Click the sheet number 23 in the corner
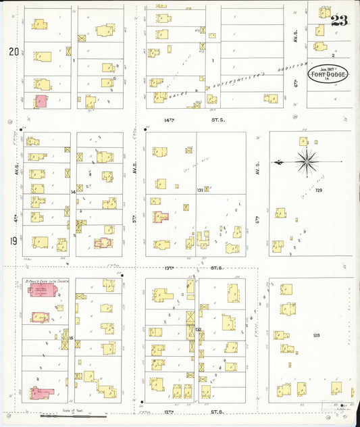[x=339, y=20]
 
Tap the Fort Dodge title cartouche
[x=329, y=74]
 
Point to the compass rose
[x=306, y=161]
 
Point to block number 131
[x=199, y=191]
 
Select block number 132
[x=199, y=330]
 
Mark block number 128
[x=315, y=335]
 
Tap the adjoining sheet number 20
[x=14, y=51]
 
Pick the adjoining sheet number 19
[x=13, y=241]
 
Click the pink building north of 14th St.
[x=41, y=101]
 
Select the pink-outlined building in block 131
[x=161, y=218]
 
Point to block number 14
[x=73, y=193]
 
